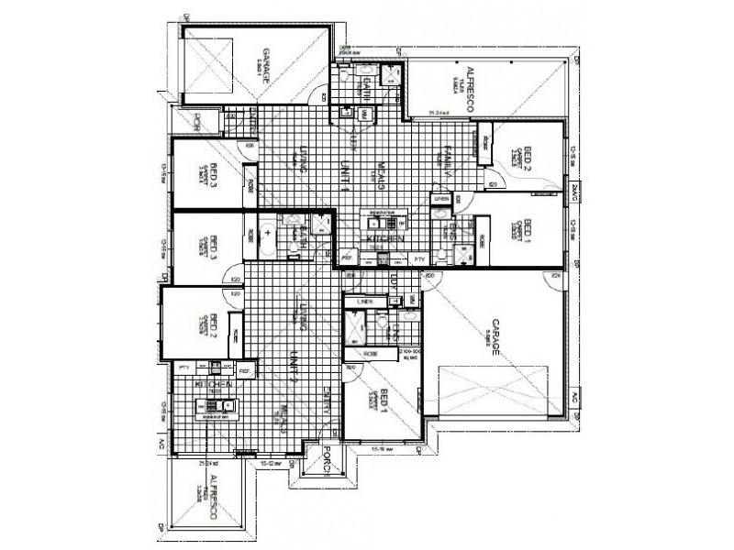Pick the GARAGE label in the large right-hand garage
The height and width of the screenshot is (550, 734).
pyautogui.click(x=494, y=339)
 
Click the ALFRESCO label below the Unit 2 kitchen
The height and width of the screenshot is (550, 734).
pyautogui.click(x=213, y=499)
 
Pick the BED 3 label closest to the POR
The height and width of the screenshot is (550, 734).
pyautogui.click(x=214, y=170)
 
